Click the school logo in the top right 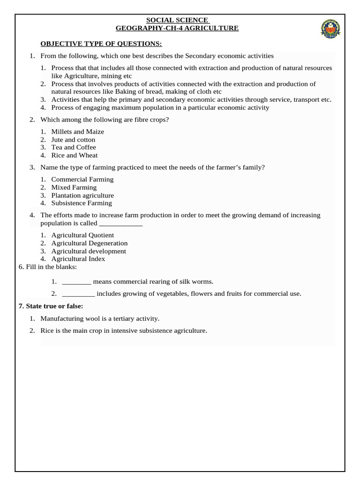coord(333,29)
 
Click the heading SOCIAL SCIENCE coord(177,20)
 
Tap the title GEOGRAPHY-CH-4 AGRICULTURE coord(177,28)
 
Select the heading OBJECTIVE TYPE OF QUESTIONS coord(101,44)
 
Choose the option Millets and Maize coord(77,132)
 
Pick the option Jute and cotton coord(73,140)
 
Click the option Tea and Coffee coord(74,147)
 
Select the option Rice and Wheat coord(75,155)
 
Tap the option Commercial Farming coord(82,180)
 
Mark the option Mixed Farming coord(74,187)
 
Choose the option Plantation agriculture coord(82,195)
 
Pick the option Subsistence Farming coord(82,203)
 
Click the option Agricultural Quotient coord(82,235)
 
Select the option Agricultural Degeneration coord(89,243)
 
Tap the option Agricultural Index coord(78,259)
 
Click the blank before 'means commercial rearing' coord(76,282)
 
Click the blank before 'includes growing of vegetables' coord(78,294)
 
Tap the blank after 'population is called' coord(120,224)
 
